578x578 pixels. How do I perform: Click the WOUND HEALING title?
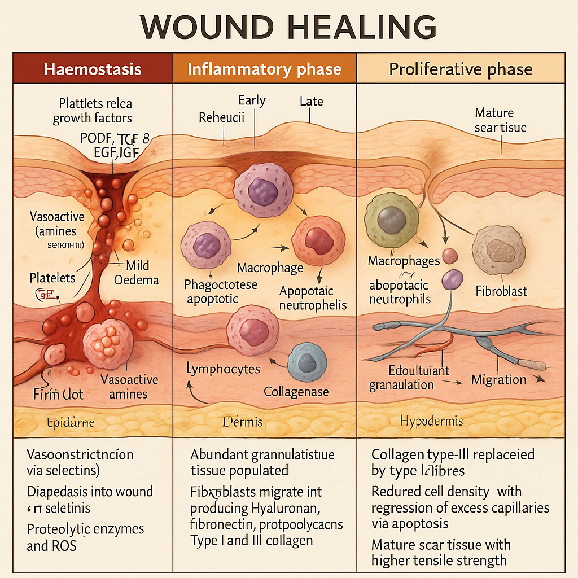click(x=288, y=27)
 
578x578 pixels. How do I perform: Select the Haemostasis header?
click(x=93, y=69)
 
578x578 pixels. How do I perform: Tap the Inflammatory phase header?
click(x=264, y=69)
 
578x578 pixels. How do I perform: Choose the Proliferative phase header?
click(x=461, y=69)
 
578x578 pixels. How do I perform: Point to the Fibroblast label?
click(x=501, y=291)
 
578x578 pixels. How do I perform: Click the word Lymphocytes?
click(x=223, y=369)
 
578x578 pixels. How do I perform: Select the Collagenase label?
click(x=296, y=391)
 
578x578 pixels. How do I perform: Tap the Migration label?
click(x=499, y=380)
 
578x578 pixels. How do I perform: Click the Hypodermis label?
click(x=431, y=421)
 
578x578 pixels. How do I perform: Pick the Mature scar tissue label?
click(x=500, y=120)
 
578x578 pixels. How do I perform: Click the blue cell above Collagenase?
click(x=306, y=361)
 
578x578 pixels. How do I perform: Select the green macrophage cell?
click(x=391, y=219)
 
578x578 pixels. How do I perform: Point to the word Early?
click(x=252, y=100)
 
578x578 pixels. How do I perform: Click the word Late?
click(x=311, y=102)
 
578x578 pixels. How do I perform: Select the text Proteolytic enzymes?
click(x=85, y=529)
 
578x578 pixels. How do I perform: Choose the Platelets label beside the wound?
click(x=52, y=278)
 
